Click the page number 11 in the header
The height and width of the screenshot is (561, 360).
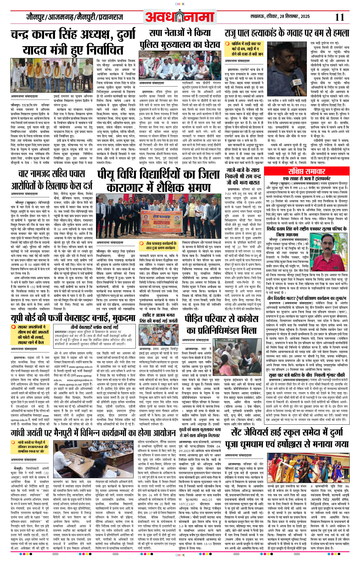point(339,17)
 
